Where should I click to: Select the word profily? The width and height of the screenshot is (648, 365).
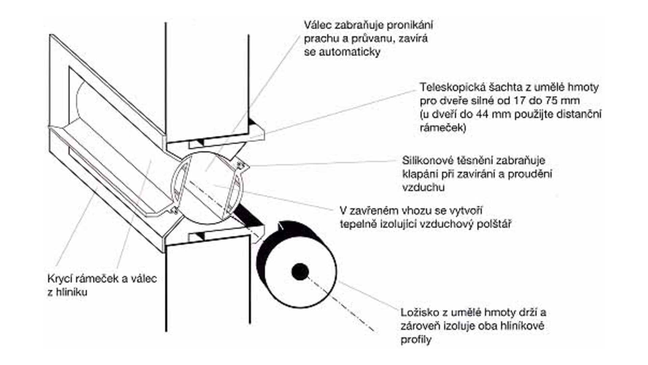[x=416, y=339]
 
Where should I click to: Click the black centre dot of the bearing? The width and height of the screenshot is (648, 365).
[x=300, y=272]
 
